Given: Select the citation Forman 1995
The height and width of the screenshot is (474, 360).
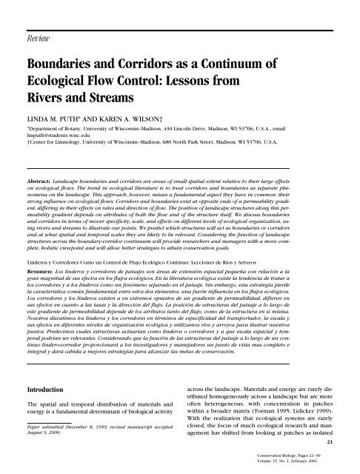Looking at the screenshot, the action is (273, 417).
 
